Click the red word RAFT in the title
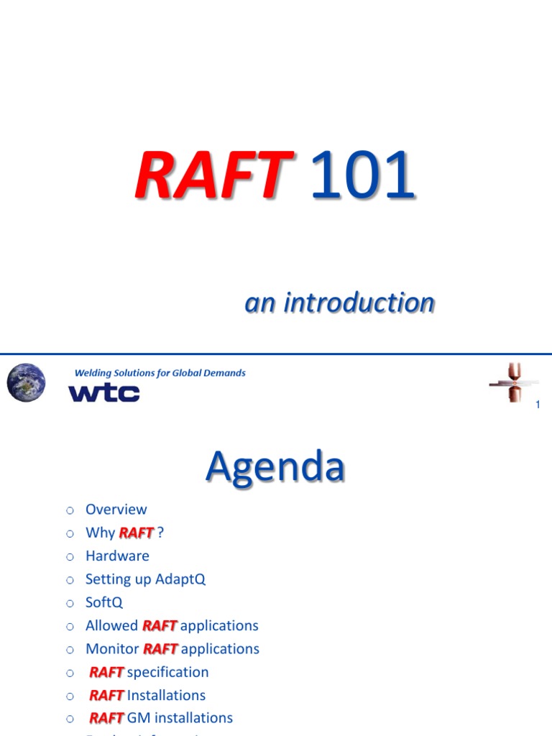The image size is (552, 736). pos(213,175)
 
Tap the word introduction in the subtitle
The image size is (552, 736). pos(359,303)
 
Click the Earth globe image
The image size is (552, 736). pos(26,382)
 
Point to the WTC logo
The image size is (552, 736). pos(103,393)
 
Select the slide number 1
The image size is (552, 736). pos(538,406)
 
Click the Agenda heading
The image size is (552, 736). pos(275,466)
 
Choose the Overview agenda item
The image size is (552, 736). pos(116,510)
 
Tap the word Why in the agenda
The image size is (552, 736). pos(100,533)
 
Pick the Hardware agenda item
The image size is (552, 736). pos(117,556)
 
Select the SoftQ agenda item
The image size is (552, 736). pos(104,602)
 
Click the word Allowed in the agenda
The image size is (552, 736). pos(111,625)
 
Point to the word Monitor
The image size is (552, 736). pos(112,649)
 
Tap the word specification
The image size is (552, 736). pos(167,672)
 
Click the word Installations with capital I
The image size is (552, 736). pos(166,695)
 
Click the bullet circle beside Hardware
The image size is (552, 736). pos(70,556)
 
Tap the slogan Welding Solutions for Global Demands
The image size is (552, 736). pos(160,373)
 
